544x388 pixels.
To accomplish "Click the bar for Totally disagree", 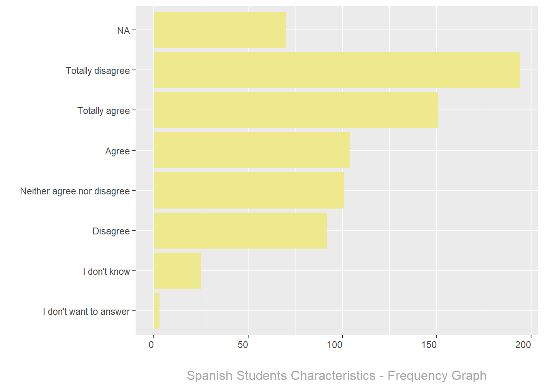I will [336, 70].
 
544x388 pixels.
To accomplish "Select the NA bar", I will [219, 30].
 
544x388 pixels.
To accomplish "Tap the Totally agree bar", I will [296, 110].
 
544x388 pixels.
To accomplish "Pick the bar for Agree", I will [251, 150].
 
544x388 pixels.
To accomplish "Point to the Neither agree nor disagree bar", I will [249, 190].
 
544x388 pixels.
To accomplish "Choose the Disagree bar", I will [240, 230].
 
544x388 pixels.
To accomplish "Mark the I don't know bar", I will [177, 271].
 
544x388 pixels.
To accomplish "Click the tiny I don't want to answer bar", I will [156, 311].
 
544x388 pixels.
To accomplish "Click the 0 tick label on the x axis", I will [151, 345].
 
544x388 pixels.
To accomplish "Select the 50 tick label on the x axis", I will [243, 345].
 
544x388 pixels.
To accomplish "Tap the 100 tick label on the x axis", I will [335, 345].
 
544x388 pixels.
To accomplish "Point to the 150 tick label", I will [429, 345].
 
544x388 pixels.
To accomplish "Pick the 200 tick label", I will [523, 345].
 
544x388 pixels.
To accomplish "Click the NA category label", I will [123, 31].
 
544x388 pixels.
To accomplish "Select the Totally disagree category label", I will [98, 71].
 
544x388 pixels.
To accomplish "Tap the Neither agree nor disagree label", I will [75, 191].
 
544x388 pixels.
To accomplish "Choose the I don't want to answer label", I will [86, 312].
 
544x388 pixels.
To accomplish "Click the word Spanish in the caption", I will [209, 375].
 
